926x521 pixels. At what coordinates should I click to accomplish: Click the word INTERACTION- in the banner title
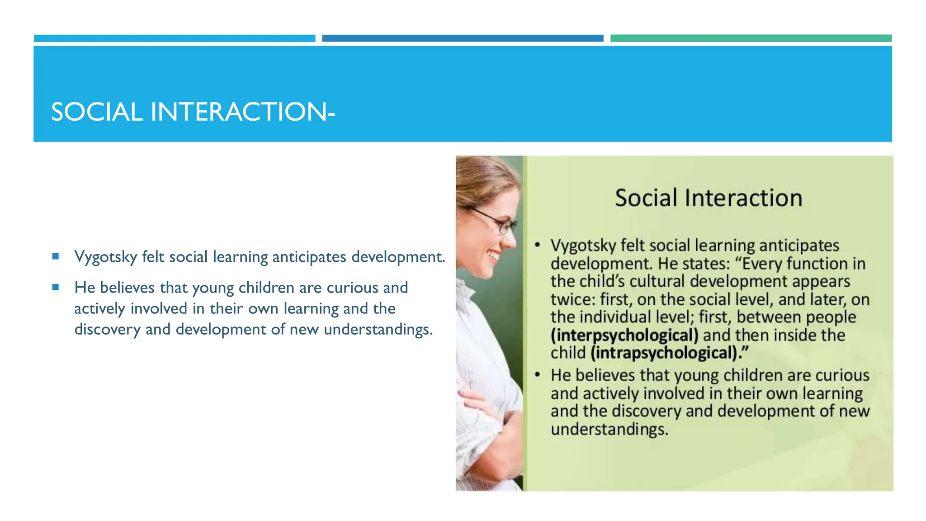pyautogui.click(x=242, y=112)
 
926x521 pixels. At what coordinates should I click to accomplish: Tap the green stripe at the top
pyautogui.click(x=751, y=38)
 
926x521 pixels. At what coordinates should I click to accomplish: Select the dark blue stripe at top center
pyautogui.click(x=462, y=38)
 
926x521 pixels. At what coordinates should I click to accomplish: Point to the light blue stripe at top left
pyautogui.click(x=175, y=38)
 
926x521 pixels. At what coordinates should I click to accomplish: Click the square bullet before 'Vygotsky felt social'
pyautogui.click(x=56, y=256)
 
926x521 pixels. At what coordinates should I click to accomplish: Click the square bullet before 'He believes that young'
pyautogui.click(x=56, y=287)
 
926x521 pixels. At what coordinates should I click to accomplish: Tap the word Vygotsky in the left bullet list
pyautogui.click(x=106, y=257)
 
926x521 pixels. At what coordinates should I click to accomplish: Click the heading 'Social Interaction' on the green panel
pyautogui.click(x=708, y=198)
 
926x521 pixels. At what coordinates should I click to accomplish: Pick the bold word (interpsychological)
pyautogui.click(x=624, y=335)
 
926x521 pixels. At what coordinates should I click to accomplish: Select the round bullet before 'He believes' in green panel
pyautogui.click(x=537, y=375)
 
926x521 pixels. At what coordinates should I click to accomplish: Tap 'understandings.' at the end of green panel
pyautogui.click(x=609, y=429)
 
